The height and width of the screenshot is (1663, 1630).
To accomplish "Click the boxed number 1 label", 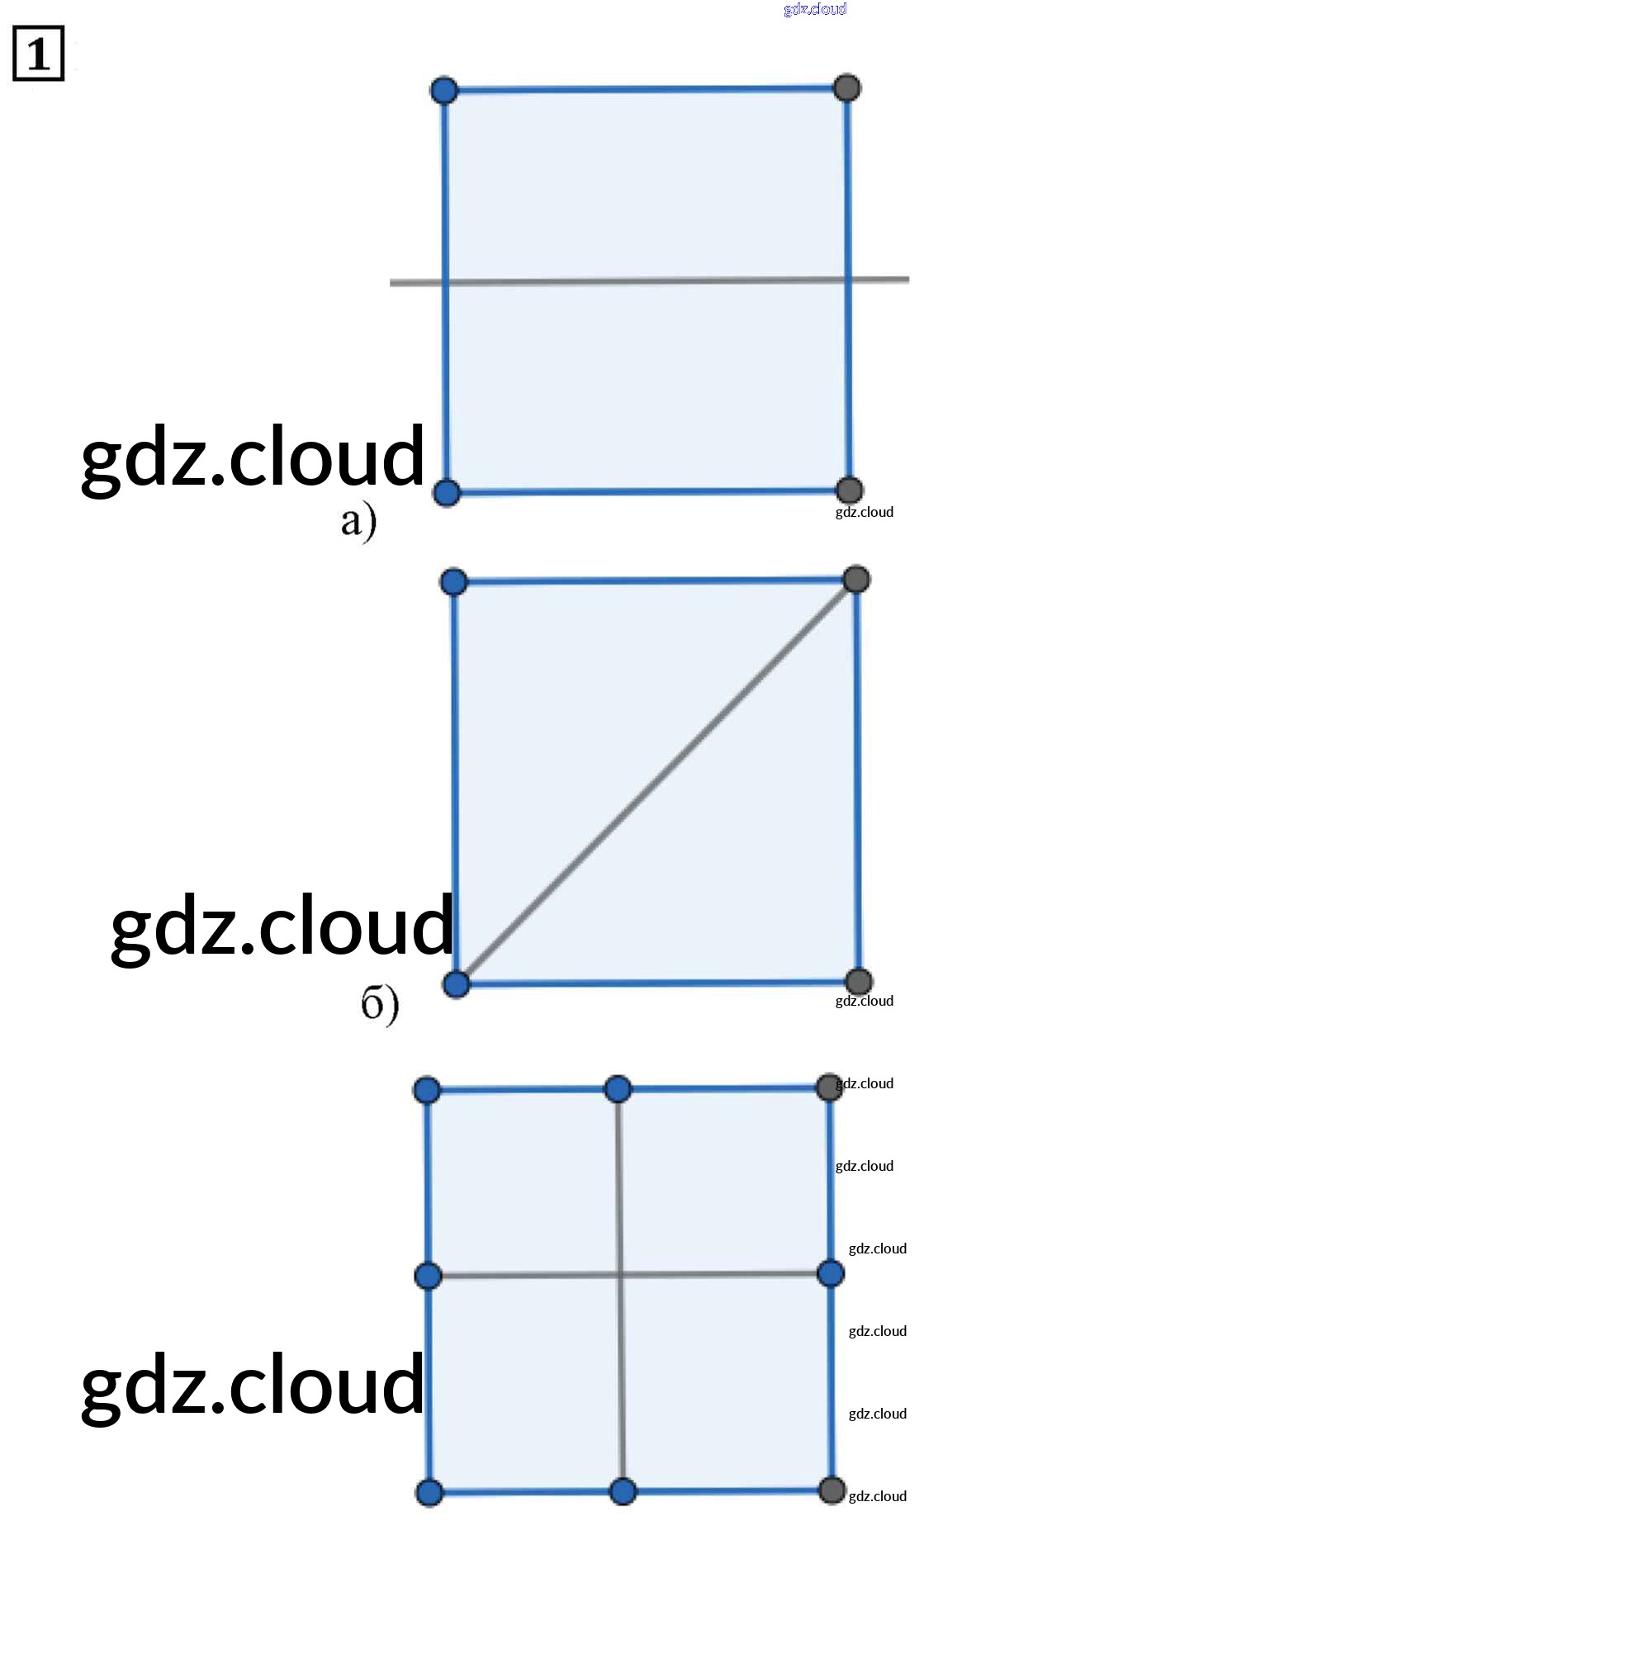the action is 39,54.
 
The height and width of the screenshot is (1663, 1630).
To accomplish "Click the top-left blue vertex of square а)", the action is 444,90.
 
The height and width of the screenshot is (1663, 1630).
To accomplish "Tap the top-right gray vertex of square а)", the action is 846,88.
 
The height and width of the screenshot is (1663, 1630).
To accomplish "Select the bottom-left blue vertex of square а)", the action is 446,493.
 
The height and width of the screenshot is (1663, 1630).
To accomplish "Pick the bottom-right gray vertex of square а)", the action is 848,490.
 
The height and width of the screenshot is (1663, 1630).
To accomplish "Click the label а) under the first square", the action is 358,520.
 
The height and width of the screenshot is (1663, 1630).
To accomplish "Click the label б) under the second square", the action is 379,1003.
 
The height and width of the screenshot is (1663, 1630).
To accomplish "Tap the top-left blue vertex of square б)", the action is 453,582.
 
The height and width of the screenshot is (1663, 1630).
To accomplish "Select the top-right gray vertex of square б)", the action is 856,580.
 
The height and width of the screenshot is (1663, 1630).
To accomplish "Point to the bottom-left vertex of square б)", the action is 457,984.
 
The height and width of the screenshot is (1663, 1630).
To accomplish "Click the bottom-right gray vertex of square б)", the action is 859,982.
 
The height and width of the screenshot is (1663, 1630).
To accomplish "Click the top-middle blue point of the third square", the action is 618,1090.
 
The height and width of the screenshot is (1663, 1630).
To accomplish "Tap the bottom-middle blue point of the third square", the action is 623,1492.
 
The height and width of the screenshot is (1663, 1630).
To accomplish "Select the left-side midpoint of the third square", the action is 428,1276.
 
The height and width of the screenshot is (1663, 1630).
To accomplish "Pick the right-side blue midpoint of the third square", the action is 831,1273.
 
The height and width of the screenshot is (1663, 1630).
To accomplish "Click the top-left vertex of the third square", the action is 427,1091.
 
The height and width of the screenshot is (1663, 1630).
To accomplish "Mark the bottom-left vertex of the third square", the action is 429,1493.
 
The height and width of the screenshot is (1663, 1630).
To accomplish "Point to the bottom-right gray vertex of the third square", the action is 832,1490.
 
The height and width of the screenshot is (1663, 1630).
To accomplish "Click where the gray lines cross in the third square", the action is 621,1275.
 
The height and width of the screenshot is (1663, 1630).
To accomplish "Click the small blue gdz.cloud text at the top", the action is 815,9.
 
